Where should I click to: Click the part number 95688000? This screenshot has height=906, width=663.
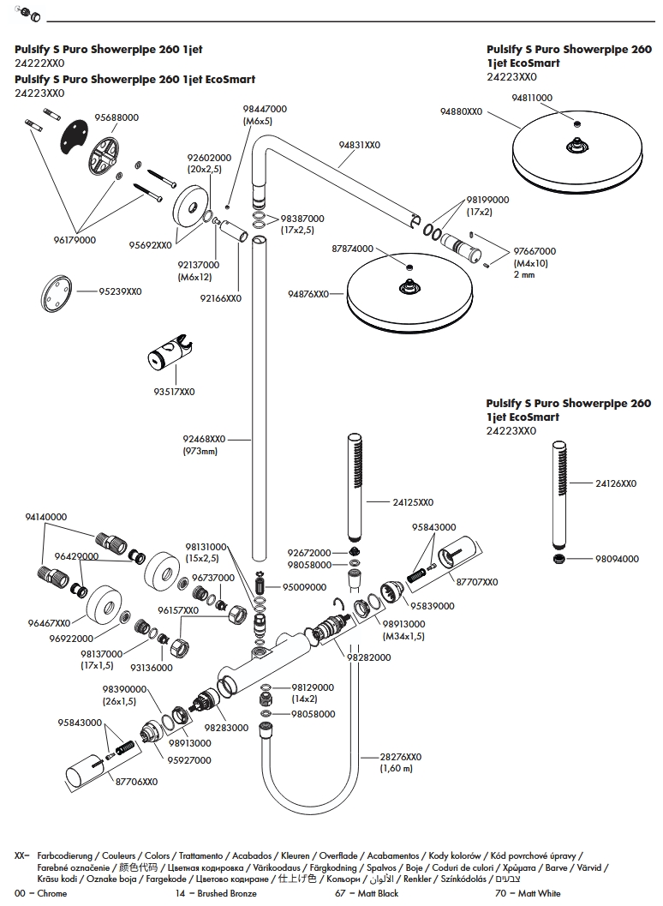[x=116, y=117]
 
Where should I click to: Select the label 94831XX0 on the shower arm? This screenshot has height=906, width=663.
[x=359, y=145]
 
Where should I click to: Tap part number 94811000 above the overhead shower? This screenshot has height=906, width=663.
[x=531, y=99]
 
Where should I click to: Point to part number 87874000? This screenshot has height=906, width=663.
[x=352, y=249]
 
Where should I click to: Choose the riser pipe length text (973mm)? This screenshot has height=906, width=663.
[x=200, y=451]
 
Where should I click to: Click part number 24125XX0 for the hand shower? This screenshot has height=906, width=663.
[x=413, y=502]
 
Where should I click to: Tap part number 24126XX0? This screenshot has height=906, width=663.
[x=616, y=483]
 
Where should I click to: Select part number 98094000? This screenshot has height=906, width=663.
[x=617, y=559]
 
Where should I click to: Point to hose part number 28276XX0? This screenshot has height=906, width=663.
[x=401, y=757]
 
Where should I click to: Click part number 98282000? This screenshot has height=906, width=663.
[x=368, y=657]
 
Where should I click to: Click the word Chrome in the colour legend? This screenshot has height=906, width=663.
[x=52, y=894]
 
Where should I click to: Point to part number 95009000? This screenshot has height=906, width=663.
[x=305, y=587]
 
